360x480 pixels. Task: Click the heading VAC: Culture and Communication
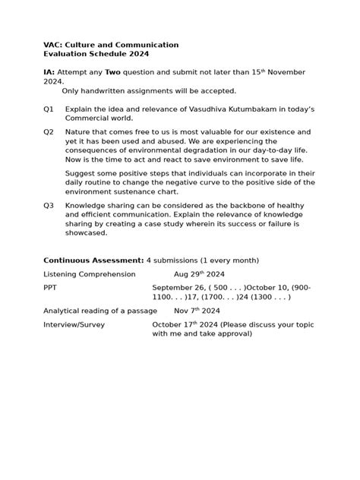coord(111,45)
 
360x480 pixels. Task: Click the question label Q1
coord(49,109)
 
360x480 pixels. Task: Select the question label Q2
coord(49,132)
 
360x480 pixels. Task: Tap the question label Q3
coord(49,206)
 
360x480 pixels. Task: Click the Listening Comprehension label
coord(90,273)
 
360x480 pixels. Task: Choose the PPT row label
coord(50,288)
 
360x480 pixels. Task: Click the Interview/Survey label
coord(74,325)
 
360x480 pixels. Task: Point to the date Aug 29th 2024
coord(199,273)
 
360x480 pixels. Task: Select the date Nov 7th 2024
coord(197,311)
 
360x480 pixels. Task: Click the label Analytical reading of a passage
coord(100,311)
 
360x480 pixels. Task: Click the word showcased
coord(87,233)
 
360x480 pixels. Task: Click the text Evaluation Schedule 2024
coord(96,54)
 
